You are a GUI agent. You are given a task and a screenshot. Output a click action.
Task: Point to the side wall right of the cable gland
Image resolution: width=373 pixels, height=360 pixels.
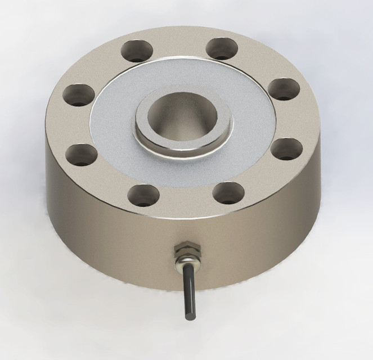264,236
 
